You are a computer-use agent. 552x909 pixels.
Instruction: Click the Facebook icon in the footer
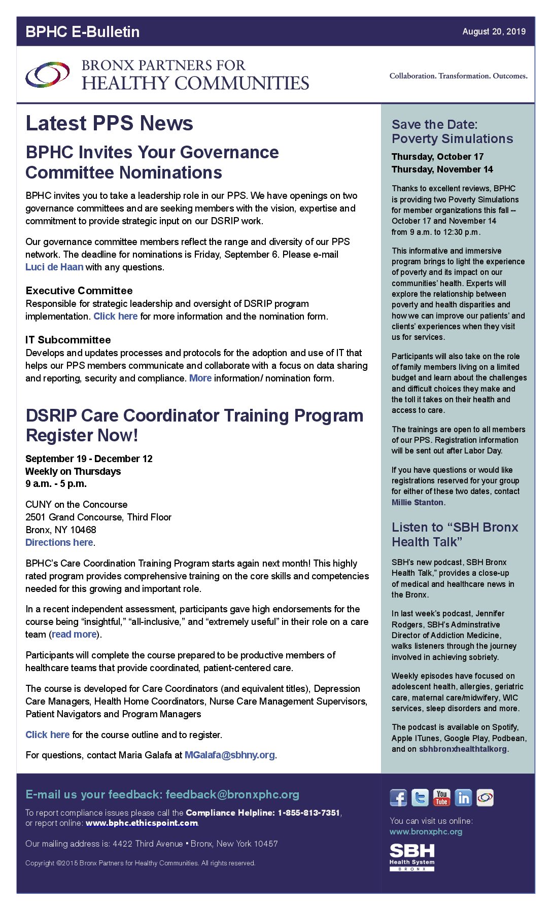(x=398, y=797)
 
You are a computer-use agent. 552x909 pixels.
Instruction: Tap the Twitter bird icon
(x=420, y=797)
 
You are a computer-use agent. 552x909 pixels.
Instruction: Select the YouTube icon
(x=441, y=797)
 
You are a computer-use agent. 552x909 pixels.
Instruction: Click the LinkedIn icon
(x=463, y=797)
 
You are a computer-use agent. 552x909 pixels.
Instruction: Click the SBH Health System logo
(x=412, y=857)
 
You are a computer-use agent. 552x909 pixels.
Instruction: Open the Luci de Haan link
(x=54, y=267)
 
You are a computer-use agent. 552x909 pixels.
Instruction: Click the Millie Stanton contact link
(x=418, y=502)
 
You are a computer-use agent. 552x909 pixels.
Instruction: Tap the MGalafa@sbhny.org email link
(x=230, y=755)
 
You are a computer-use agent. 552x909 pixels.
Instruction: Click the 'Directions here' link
(x=59, y=542)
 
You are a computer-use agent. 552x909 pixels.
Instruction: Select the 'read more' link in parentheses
(x=74, y=634)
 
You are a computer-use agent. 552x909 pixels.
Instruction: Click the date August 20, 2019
(x=494, y=31)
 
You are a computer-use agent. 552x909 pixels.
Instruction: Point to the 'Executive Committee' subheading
(x=79, y=291)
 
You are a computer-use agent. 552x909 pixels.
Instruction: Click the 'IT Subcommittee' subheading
(x=68, y=340)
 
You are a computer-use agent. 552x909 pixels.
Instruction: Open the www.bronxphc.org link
(x=426, y=831)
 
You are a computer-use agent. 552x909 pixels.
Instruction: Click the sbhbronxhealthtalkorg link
(x=463, y=749)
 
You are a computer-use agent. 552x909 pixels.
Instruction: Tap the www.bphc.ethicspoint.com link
(x=142, y=823)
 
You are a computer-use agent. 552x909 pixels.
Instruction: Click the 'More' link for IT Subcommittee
(x=200, y=378)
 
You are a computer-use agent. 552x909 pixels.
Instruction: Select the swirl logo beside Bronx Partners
(x=48, y=75)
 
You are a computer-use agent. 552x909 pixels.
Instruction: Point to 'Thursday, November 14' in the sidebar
(x=442, y=169)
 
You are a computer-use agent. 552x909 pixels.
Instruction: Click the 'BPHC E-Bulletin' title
(x=82, y=31)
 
